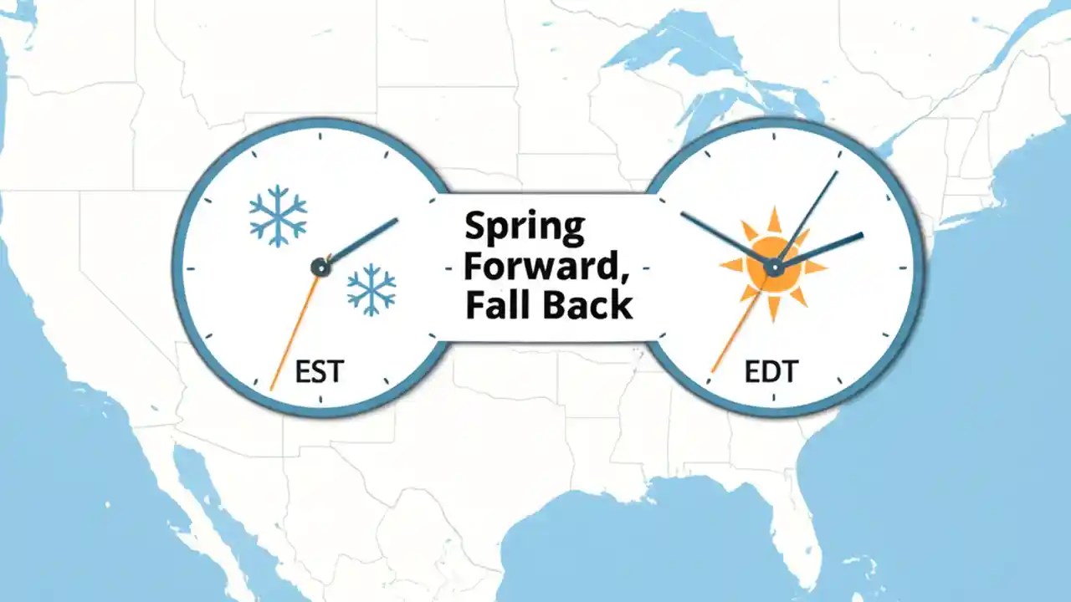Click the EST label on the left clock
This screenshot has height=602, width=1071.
point(319,370)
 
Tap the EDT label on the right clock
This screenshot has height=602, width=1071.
point(771,370)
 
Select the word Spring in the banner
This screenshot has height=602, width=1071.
point(525,227)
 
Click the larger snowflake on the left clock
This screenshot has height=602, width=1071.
point(278,215)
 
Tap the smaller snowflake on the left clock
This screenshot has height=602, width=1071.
point(372,290)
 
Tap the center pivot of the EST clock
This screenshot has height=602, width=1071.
point(320,267)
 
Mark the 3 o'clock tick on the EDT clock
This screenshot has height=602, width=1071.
point(902,268)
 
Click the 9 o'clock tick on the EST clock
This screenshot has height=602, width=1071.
point(191,268)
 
